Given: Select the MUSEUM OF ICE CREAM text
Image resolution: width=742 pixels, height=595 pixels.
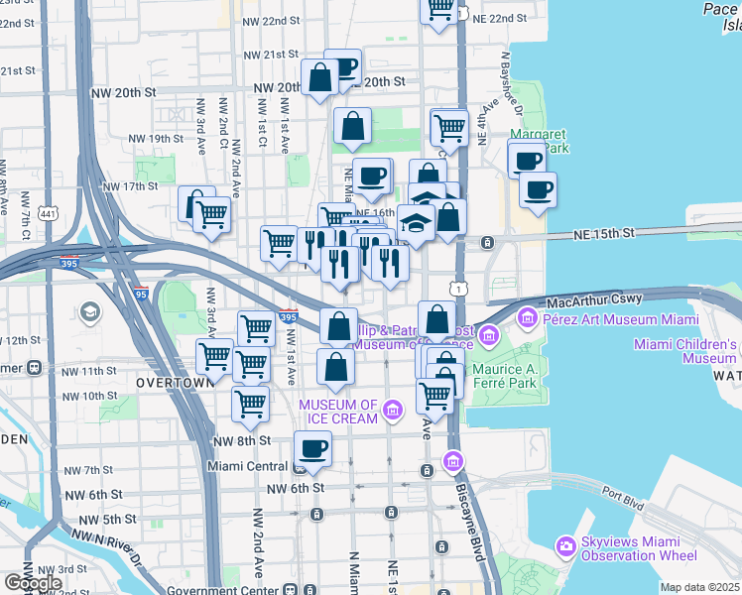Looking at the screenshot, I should [338, 412].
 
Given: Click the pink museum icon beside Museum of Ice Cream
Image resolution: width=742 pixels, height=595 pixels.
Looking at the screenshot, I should [393, 410].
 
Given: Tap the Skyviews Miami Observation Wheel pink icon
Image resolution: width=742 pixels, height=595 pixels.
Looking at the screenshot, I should [565, 545].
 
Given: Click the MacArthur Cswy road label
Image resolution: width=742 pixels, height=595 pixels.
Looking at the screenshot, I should [593, 298].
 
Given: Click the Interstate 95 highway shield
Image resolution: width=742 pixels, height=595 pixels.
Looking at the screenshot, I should [141, 294].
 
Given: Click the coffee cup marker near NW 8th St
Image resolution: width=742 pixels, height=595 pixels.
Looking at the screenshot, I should [313, 448].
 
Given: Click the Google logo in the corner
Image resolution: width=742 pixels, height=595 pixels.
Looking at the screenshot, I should [32, 583].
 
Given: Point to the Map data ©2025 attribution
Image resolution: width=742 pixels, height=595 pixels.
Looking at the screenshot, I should [699, 587].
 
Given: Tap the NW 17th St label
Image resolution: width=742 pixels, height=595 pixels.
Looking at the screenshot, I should [133, 185].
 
